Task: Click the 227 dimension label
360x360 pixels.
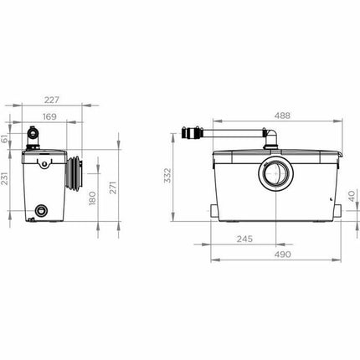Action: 52,100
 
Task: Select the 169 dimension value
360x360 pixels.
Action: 49,116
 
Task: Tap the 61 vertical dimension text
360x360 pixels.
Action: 4,138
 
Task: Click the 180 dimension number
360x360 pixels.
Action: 92,198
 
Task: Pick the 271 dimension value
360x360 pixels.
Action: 112,188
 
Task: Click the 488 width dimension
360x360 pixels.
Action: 282,116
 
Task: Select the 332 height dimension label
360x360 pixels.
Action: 167,175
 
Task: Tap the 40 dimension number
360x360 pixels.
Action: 352,196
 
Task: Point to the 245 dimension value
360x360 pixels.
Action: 244,239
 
